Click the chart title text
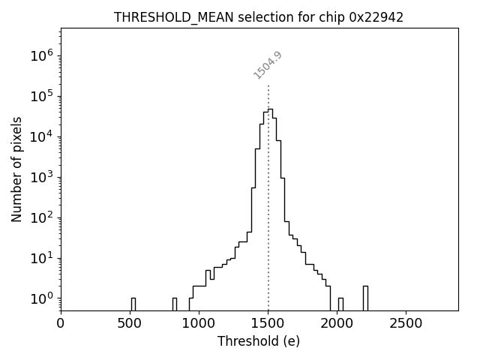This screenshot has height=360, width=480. [x=259, y=17]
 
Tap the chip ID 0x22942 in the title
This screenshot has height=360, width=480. [x=376, y=17]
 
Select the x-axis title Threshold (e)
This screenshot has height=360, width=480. [x=259, y=341]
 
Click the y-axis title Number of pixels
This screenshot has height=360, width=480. [x=17, y=169]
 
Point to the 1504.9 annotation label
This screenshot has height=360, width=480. [x=267, y=65]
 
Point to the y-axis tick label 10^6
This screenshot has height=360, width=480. [x=41, y=55]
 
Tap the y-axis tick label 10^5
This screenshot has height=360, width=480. [x=41, y=96]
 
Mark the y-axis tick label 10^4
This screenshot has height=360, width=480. [x=41, y=136]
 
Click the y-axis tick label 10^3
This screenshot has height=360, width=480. [x=41, y=177]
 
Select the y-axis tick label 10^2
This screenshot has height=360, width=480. [x=41, y=217]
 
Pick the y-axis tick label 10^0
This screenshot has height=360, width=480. [x=41, y=298]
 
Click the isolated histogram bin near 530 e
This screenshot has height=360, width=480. [x=133, y=304]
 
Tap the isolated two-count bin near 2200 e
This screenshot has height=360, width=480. [x=365, y=298]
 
